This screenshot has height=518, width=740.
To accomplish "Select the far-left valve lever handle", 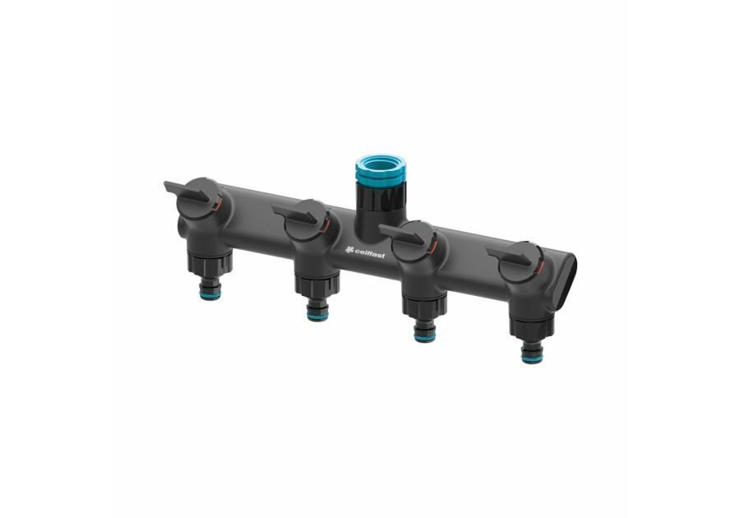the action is tap(187, 192).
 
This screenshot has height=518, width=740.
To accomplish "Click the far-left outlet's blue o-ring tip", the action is tap(210, 295).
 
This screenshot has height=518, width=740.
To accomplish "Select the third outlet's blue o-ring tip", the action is tap(425, 336).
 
